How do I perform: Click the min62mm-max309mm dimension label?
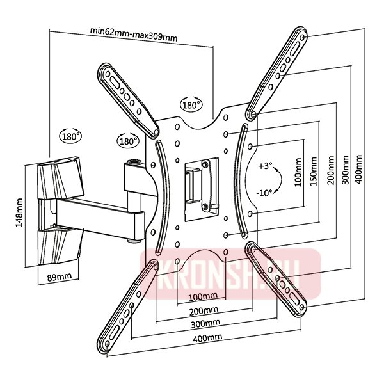coord(134,35)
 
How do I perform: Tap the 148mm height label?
coord(19,213)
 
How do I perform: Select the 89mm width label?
coord(60,277)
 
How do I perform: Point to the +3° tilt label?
coord(265,166)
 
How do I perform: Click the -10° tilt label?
coord(264,193)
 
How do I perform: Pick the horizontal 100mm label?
coord(203,296)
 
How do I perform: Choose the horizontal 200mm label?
coord(204,311)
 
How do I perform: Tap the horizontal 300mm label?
coord(205,324)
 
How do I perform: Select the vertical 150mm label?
coord(314,172)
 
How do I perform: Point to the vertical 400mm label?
coord(358,169)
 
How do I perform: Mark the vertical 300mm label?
coord(345,170)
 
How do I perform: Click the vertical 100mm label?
coord(298,173)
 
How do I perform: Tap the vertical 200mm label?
coord(331,171)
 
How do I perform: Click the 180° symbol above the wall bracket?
coord(71,136)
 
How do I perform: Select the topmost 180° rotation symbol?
coord(191,104)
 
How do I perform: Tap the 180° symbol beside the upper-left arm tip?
coord(128,140)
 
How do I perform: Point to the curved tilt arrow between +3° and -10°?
coord(281,180)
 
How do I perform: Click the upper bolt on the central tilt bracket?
coord(205,164)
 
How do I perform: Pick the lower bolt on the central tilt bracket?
coord(205,207)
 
